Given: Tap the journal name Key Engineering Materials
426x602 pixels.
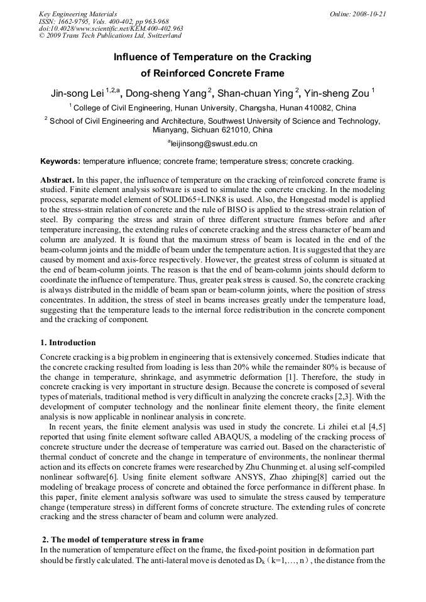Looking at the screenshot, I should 77,14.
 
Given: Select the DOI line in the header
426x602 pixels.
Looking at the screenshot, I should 111,29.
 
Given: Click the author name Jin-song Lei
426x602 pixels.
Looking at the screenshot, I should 77,94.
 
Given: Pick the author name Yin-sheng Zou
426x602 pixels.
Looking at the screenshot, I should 339,94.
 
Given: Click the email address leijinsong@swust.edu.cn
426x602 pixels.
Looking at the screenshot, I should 214,144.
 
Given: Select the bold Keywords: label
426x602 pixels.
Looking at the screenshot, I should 60,161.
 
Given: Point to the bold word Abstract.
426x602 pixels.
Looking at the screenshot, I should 58,180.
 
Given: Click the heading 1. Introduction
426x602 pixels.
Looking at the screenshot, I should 68,343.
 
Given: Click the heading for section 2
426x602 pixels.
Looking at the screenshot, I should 123,540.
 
